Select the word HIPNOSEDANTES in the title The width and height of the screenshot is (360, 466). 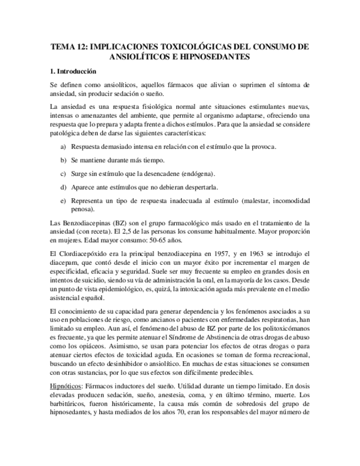click(x=218, y=57)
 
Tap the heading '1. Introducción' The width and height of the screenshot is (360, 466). click(x=73, y=71)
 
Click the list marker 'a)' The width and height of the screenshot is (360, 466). click(x=63, y=147)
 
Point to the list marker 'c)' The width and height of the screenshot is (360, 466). click(x=63, y=173)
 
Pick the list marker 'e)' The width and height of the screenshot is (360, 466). click(x=63, y=201)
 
